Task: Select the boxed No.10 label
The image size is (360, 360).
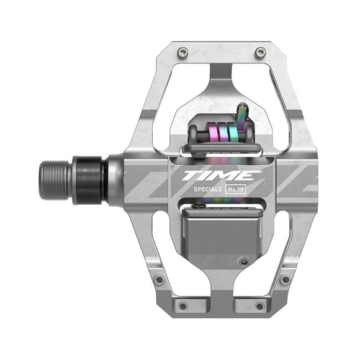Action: point(240,192)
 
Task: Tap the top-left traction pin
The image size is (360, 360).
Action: point(181,52)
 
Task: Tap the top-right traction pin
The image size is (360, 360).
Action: point(261,52)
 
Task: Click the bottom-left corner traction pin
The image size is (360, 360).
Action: point(159,279)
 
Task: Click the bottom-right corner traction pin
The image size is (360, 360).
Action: point(285,279)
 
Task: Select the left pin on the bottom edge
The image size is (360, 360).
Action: point(182,305)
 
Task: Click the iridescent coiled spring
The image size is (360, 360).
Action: point(220,133)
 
